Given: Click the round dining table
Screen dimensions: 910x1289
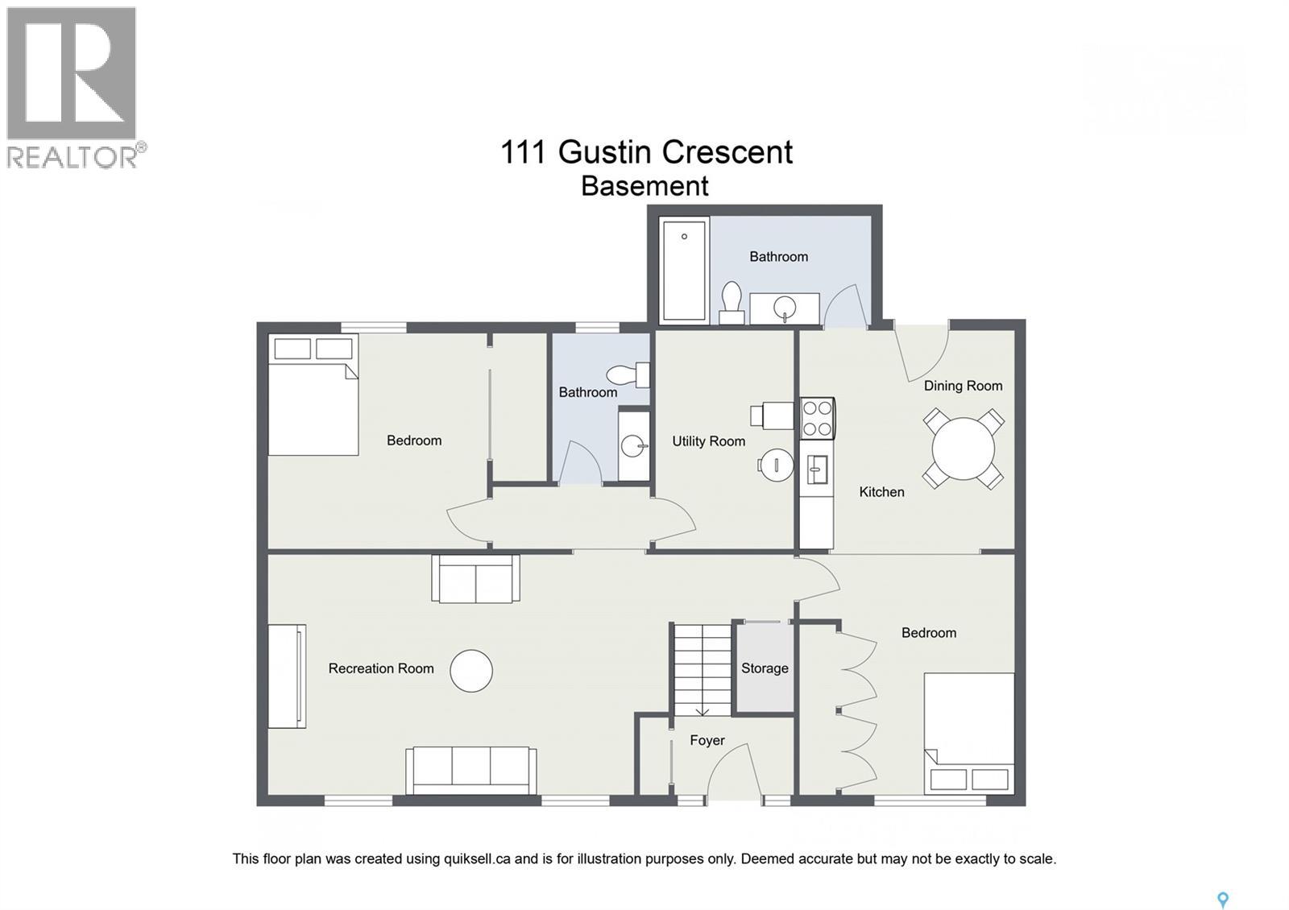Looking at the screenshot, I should click(x=963, y=449).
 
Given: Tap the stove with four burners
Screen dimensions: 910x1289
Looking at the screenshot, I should click(x=817, y=418).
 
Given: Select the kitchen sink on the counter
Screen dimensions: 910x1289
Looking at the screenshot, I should click(x=816, y=469).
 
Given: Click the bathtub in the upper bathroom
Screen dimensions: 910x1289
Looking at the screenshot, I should click(x=683, y=270).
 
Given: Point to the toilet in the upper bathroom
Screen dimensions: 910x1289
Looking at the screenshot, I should click(x=732, y=302).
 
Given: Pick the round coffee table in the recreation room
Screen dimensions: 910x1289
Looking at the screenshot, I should click(x=471, y=671).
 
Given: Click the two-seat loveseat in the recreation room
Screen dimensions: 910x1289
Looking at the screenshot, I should click(x=475, y=578).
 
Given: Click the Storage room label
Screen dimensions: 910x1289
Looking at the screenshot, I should click(x=765, y=668).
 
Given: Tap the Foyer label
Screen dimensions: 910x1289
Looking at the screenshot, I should click(x=707, y=740).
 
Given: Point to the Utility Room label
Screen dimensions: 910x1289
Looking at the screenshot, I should click(x=708, y=441).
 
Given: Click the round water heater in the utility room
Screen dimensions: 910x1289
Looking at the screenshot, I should click(x=776, y=465).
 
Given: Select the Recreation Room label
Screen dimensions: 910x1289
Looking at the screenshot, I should click(x=381, y=668).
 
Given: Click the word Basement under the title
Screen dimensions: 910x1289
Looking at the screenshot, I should click(x=644, y=186).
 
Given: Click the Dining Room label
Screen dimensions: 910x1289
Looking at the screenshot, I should click(x=963, y=386).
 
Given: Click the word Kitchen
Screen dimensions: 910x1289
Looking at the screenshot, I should click(x=881, y=492).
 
